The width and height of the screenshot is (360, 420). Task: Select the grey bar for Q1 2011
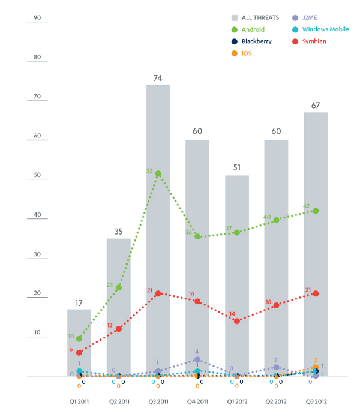click(x=79, y=343)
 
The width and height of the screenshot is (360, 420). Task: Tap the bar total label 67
click(x=316, y=106)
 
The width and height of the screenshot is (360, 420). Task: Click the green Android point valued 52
click(x=158, y=174)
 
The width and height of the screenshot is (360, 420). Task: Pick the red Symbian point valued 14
click(x=237, y=321)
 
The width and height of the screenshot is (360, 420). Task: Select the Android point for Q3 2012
click(x=316, y=211)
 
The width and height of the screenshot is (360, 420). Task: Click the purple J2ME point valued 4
click(x=197, y=359)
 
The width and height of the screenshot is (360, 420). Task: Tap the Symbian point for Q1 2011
click(x=79, y=352)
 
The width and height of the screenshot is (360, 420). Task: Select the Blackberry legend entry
click(x=253, y=41)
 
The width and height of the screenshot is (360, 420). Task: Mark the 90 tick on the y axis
click(x=37, y=18)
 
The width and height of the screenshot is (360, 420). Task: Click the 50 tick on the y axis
click(x=37, y=175)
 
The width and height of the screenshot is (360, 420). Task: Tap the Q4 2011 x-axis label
click(x=197, y=401)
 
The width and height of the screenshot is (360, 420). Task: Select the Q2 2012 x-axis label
click(x=276, y=401)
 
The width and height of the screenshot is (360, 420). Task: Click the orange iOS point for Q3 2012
click(x=316, y=368)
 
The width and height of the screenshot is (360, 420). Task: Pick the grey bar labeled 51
click(x=237, y=275)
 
